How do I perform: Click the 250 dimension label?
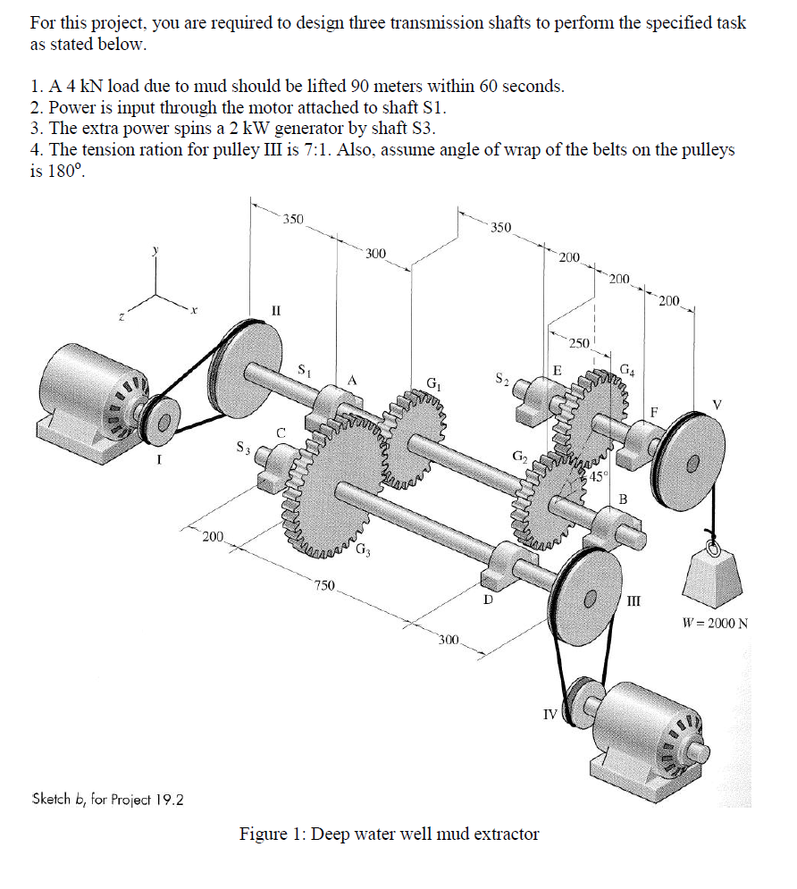coord(579,344)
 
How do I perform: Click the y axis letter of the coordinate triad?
coord(156,252)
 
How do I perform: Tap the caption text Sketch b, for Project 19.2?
coord(107,798)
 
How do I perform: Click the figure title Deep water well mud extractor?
coord(389,834)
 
